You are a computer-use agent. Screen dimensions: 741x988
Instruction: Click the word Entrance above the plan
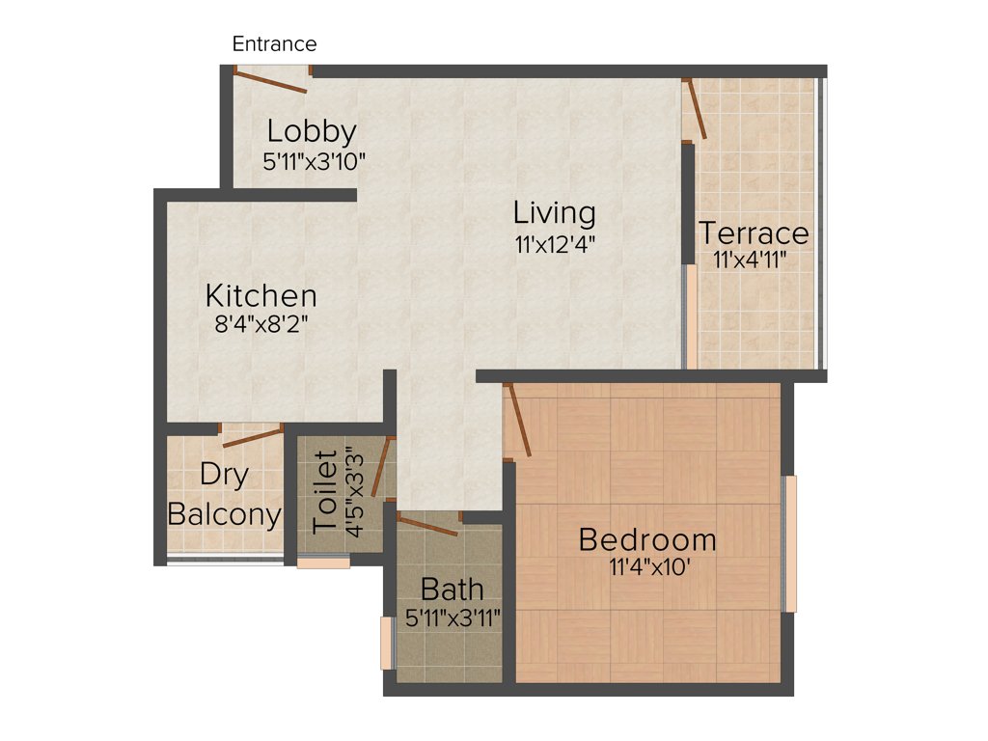tap(274, 44)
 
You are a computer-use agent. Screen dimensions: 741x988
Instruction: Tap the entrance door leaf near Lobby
tap(270, 81)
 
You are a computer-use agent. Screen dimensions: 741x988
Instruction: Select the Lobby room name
tap(312, 130)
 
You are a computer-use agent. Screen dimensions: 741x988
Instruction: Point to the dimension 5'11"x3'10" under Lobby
tap(314, 161)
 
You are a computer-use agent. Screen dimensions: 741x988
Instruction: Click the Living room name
tap(554, 212)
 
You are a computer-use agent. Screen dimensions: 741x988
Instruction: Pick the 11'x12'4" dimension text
tap(554, 244)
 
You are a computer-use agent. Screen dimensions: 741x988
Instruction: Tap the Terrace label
tap(754, 233)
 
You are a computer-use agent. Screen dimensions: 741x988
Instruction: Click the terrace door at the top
tap(696, 110)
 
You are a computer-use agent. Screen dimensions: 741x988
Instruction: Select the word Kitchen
tap(261, 295)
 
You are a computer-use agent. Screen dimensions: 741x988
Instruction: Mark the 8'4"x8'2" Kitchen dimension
tap(261, 324)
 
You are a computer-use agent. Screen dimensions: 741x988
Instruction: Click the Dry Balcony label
tap(225, 495)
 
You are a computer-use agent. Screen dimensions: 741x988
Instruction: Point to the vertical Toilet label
tap(326, 490)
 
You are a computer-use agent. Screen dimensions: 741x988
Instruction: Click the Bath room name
tap(453, 589)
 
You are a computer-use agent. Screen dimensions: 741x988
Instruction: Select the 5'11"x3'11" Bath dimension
tap(453, 618)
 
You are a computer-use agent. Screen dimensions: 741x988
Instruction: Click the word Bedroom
tap(647, 539)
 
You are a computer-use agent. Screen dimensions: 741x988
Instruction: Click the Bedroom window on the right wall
tap(790, 543)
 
